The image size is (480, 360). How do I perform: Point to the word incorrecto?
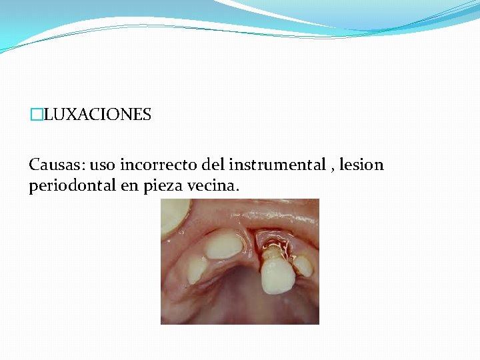click(x=155, y=164)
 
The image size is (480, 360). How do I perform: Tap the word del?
click(x=210, y=164)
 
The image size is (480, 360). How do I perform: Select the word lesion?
click(x=361, y=164)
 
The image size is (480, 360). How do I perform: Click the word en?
click(x=129, y=186)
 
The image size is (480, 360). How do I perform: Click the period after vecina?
click(x=237, y=190)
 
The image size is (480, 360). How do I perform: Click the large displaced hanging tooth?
click(x=276, y=275)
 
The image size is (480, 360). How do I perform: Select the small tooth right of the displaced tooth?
click(x=303, y=265)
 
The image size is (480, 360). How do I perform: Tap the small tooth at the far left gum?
click(x=197, y=269)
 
